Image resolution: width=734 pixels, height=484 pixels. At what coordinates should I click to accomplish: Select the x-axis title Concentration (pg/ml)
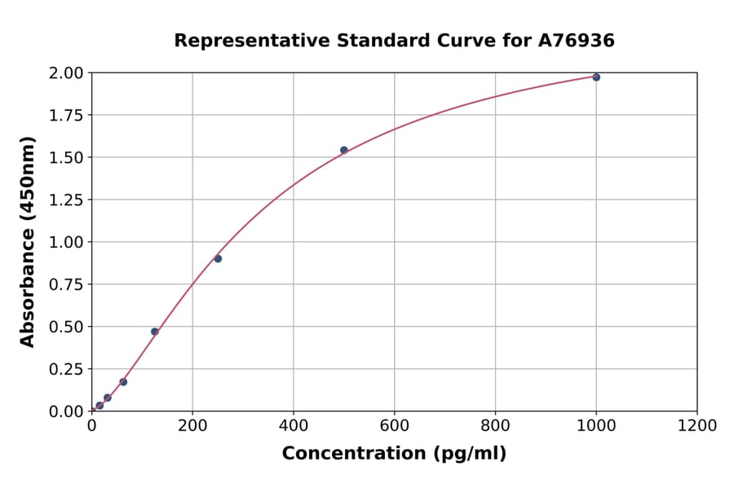[394, 454]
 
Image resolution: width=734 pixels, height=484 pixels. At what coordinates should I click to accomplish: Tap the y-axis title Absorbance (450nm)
[28, 242]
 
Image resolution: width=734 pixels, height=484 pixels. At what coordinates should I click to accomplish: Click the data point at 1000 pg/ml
[596, 77]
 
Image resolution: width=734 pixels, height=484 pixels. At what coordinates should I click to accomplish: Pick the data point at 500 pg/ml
[344, 150]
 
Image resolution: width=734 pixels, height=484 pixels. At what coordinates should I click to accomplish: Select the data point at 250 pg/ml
[218, 258]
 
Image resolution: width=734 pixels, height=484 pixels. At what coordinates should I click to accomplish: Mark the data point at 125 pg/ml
[155, 332]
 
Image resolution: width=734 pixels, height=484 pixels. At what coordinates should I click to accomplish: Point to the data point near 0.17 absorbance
[123, 381]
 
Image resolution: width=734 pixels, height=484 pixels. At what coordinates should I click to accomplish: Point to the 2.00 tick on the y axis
[66, 73]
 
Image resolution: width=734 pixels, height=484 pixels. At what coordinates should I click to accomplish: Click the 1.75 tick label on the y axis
[66, 116]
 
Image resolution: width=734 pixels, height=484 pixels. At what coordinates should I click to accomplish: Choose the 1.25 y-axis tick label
[66, 200]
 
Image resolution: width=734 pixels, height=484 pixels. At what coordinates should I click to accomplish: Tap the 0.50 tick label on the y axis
[66, 327]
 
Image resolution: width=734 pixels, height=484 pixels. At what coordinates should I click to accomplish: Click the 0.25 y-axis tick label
[66, 369]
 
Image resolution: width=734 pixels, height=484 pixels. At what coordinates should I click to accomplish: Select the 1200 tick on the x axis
[697, 425]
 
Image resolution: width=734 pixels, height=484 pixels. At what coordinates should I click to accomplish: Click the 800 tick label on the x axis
[495, 425]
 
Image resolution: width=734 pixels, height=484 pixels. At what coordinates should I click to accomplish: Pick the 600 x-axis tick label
[394, 425]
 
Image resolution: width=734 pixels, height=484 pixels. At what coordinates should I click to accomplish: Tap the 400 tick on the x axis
[294, 425]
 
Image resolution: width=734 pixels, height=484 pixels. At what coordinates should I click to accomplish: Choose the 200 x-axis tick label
[192, 425]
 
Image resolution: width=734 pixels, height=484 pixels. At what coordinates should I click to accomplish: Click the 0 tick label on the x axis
[91, 425]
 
